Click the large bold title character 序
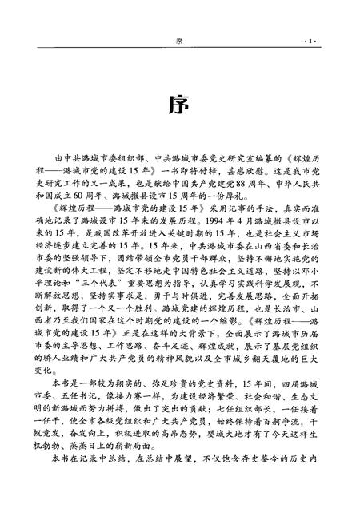click(x=180, y=106)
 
